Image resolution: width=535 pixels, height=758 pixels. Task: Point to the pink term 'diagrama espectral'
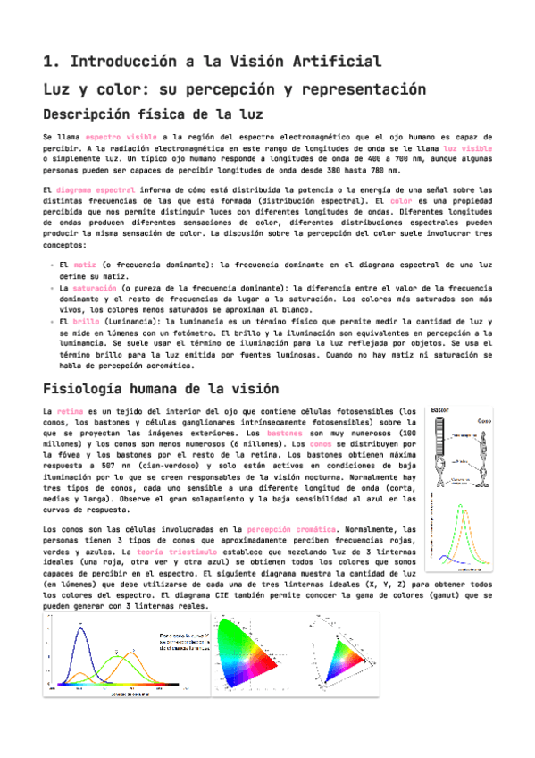pyautogui.click(x=96, y=190)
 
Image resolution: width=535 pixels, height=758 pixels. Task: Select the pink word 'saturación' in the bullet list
pyautogui.click(x=94, y=288)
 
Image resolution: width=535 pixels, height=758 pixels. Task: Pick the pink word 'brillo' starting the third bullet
pyautogui.click(x=87, y=320)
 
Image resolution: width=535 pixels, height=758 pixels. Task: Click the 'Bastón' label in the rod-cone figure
pyautogui.click(x=439, y=410)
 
